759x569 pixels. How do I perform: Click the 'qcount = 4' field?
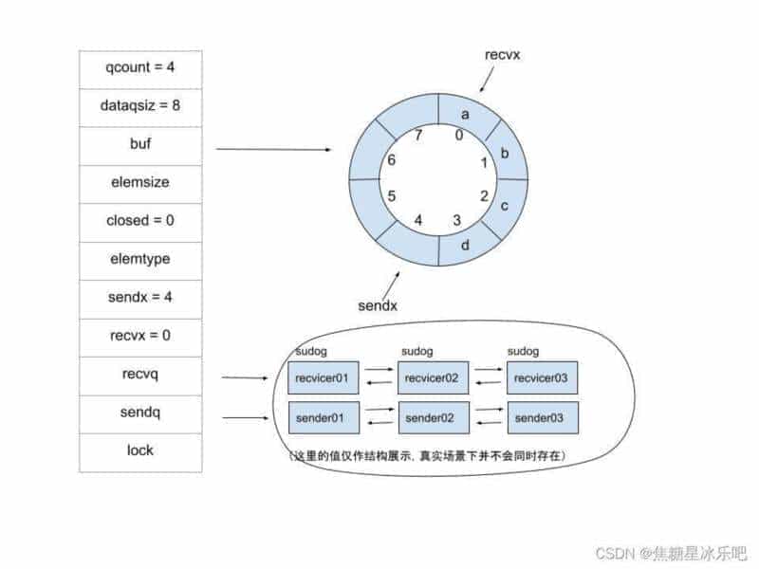pos(140,69)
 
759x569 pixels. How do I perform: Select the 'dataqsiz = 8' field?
pos(140,108)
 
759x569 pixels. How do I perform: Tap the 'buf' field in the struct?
pos(140,146)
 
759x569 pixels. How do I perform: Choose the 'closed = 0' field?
pos(140,223)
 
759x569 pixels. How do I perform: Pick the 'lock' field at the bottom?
pos(140,453)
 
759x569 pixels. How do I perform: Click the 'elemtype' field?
pos(140,261)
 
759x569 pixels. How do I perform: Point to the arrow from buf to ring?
pos(273,150)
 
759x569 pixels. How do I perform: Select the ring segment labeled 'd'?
pos(466,246)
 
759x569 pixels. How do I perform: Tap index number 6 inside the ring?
pos(392,159)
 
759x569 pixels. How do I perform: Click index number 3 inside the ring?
pos(457,220)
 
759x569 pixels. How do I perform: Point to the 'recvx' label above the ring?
pos(503,55)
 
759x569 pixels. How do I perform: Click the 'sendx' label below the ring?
pos(378,305)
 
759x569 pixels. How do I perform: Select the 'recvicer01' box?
pos(324,377)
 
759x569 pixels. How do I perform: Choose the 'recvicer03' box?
pos(542,377)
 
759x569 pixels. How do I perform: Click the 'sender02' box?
pos(434,417)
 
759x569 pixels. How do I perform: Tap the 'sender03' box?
pos(543,417)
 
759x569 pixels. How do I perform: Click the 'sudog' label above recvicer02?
pos(417,351)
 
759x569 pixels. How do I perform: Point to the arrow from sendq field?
pos(245,417)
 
